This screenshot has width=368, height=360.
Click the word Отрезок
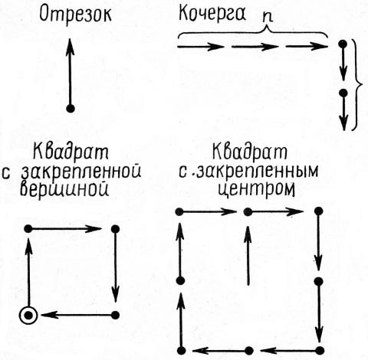(76, 15)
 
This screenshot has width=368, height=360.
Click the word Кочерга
(212, 13)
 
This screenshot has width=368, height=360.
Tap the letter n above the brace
(268, 18)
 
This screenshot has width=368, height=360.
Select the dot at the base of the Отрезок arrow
(71, 109)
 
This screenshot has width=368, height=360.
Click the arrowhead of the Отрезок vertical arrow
(70, 47)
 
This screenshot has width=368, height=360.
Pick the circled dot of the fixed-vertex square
(28, 316)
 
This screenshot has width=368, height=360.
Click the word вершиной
(64, 189)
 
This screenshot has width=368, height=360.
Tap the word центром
(256, 189)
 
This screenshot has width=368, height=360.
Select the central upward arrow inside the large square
(248, 255)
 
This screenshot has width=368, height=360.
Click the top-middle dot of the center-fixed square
(248, 211)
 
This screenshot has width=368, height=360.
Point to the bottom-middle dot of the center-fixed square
(248, 351)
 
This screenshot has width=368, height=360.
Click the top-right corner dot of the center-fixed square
(318, 211)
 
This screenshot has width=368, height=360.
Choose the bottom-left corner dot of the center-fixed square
(181, 351)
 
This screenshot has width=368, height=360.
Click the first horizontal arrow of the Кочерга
(201, 47)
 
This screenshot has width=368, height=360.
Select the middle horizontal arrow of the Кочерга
(255, 47)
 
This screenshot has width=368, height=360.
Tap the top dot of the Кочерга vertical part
(343, 44)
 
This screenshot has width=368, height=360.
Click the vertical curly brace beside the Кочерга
(357, 85)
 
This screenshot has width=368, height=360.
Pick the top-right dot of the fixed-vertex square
(116, 229)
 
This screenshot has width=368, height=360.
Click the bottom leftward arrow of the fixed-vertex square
(76, 316)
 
